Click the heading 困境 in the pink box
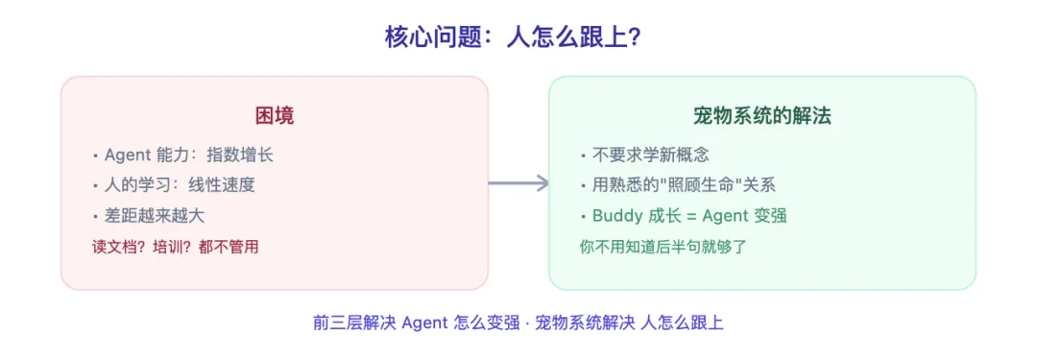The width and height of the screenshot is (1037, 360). pyautogui.click(x=274, y=116)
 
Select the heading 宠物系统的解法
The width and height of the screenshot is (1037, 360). pyautogui.click(x=762, y=116)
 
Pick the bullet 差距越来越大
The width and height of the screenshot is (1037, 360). pyautogui.click(x=155, y=215)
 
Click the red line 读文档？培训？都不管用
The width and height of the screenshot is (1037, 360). pyautogui.click(x=175, y=247)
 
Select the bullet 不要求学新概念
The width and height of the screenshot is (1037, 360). pyautogui.click(x=649, y=154)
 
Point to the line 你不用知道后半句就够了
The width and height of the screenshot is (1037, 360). pyautogui.click(x=663, y=247)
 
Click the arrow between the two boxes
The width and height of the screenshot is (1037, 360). pyautogui.click(x=518, y=183)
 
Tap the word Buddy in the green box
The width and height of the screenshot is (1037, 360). pyautogui.click(x=615, y=215)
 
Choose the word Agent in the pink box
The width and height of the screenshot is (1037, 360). pyautogui.click(x=128, y=154)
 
